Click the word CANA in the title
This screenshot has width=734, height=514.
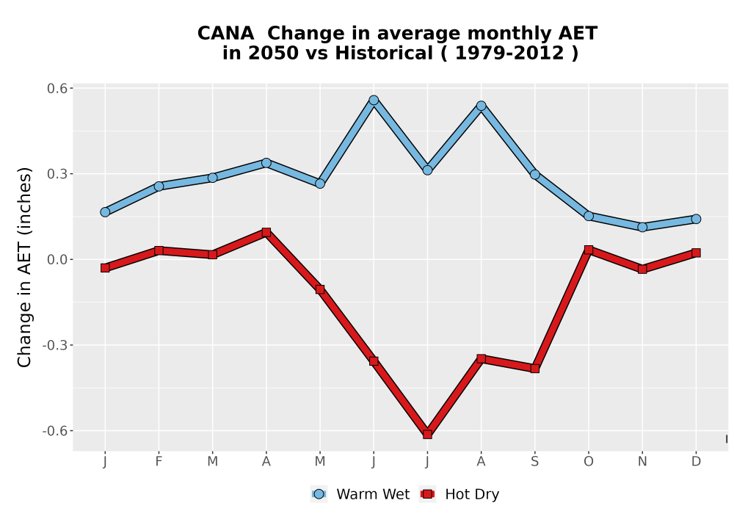(x=225, y=33)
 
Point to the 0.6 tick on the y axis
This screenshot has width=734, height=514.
(x=57, y=88)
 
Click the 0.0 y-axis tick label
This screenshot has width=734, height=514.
(x=57, y=259)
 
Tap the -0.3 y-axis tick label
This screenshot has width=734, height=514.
(x=55, y=345)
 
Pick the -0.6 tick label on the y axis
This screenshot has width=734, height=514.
(x=55, y=431)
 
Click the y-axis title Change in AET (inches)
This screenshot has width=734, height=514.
(x=24, y=267)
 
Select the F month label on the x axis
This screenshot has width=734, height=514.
(x=159, y=462)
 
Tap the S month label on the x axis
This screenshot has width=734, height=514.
(x=534, y=462)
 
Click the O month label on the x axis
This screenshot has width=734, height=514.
(x=589, y=462)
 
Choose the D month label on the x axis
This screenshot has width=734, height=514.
(x=696, y=462)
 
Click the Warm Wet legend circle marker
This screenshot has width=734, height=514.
(x=319, y=494)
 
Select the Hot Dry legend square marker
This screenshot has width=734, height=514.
(x=427, y=494)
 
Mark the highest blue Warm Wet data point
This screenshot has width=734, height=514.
(x=374, y=100)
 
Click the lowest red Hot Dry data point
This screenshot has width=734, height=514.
(x=427, y=435)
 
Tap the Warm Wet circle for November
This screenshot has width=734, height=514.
(x=642, y=227)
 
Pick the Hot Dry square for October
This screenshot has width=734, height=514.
(x=589, y=250)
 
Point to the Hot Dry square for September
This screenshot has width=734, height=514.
(x=534, y=369)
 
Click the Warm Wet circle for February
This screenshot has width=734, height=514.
(x=159, y=187)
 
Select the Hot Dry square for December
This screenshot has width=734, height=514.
(x=696, y=253)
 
